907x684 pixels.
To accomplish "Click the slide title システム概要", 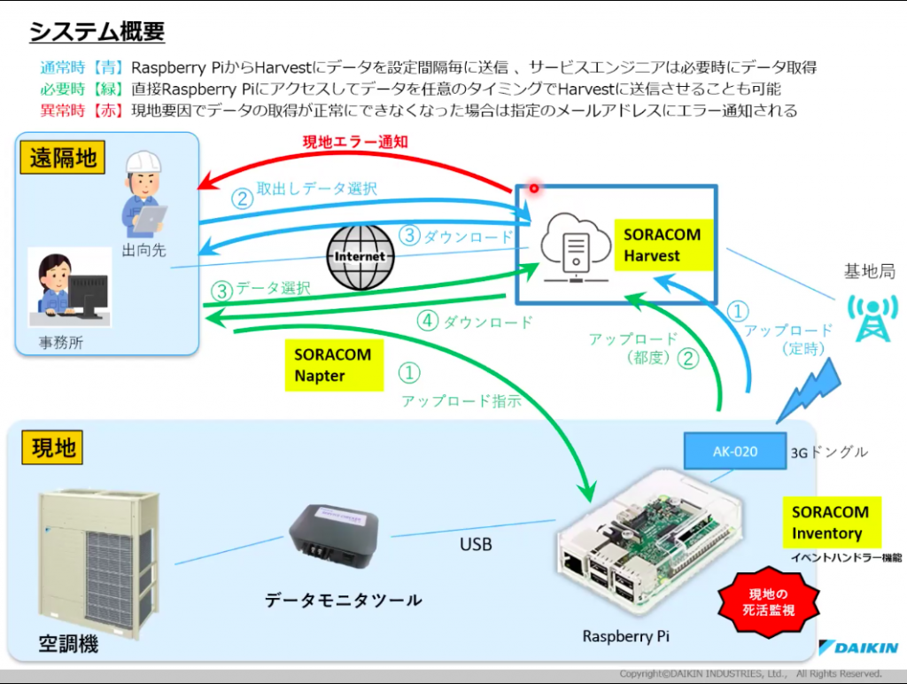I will point(97,33).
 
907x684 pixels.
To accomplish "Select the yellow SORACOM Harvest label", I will point(662,245).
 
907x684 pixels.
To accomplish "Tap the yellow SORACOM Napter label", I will point(333,365).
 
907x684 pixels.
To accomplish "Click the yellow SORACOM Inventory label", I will point(830,523).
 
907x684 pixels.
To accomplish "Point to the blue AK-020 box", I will point(734,451).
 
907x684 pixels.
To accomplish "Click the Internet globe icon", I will point(359,256).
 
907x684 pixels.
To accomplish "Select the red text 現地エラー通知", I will point(355,142).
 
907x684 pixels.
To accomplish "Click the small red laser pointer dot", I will point(534,187).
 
